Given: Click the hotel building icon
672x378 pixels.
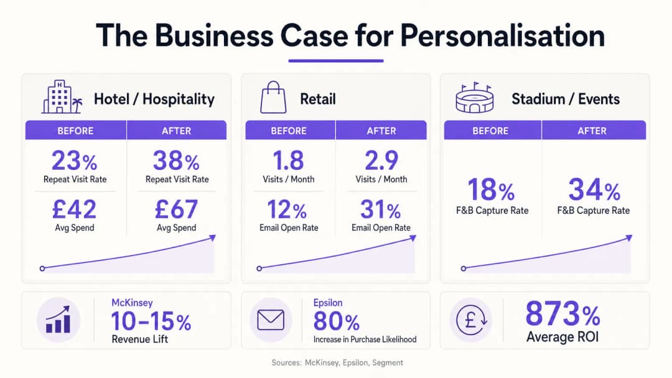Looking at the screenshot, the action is [62, 97].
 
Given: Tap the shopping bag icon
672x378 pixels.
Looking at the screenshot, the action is [273, 98].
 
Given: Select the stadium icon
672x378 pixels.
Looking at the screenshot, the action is [474, 98].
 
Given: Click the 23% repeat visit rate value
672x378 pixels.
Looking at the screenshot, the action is [75, 160].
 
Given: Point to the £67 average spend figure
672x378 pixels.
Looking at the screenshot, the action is [176, 209].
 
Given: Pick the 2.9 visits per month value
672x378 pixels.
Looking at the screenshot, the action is [381, 160].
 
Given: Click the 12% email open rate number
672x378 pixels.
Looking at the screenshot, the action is [287, 210].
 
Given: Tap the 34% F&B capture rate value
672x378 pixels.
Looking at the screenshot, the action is [594, 189].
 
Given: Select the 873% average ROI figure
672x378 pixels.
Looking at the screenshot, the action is [562, 314].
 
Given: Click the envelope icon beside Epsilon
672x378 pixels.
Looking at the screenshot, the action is [271, 320].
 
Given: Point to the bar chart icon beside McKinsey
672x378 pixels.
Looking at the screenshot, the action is [58, 320].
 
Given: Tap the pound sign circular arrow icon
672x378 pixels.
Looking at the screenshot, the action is [471, 320].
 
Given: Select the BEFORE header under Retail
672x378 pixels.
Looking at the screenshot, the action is [289, 131].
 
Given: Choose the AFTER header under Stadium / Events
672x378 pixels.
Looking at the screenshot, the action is [592, 131].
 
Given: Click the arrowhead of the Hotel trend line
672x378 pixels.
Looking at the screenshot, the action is [213, 237].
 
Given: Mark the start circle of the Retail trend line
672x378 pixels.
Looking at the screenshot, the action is [259, 269].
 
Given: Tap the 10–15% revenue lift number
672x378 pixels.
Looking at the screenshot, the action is [151, 321].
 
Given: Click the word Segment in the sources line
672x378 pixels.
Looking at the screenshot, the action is [388, 362].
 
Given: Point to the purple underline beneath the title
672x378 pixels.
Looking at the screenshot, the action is [335, 61].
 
